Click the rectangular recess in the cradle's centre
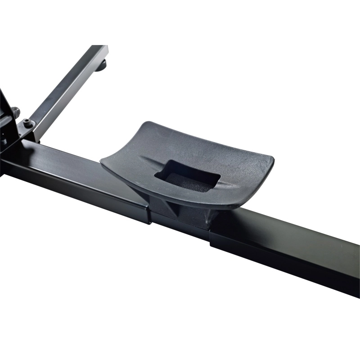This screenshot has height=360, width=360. click(187, 176)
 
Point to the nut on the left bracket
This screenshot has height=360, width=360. click(15, 111)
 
